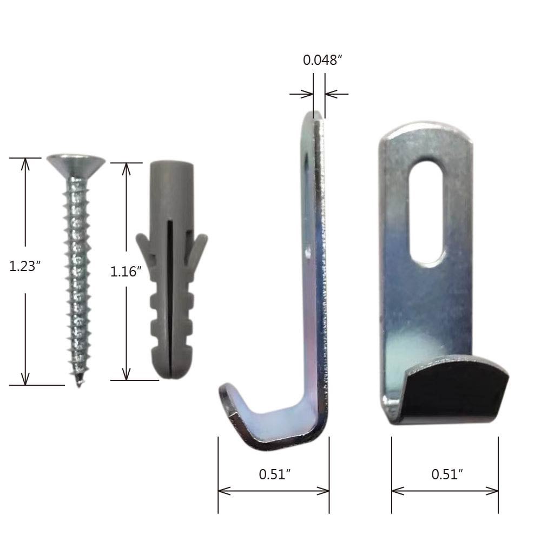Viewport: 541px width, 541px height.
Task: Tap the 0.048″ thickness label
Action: (x=323, y=60)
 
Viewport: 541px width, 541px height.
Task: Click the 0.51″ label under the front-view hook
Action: (x=447, y=474)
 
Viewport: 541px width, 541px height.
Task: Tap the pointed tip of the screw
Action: (x=80, y=382)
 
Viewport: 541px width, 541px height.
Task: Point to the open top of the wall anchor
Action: (x=171, y=164)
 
